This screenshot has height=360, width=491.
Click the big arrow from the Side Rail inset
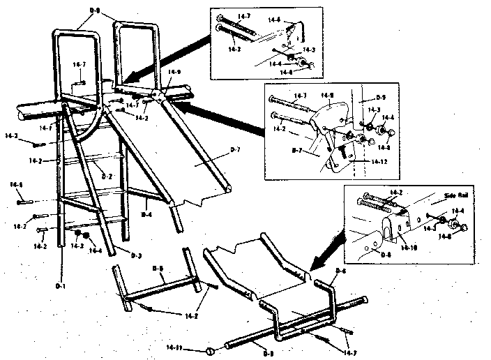tap(326, 251)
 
